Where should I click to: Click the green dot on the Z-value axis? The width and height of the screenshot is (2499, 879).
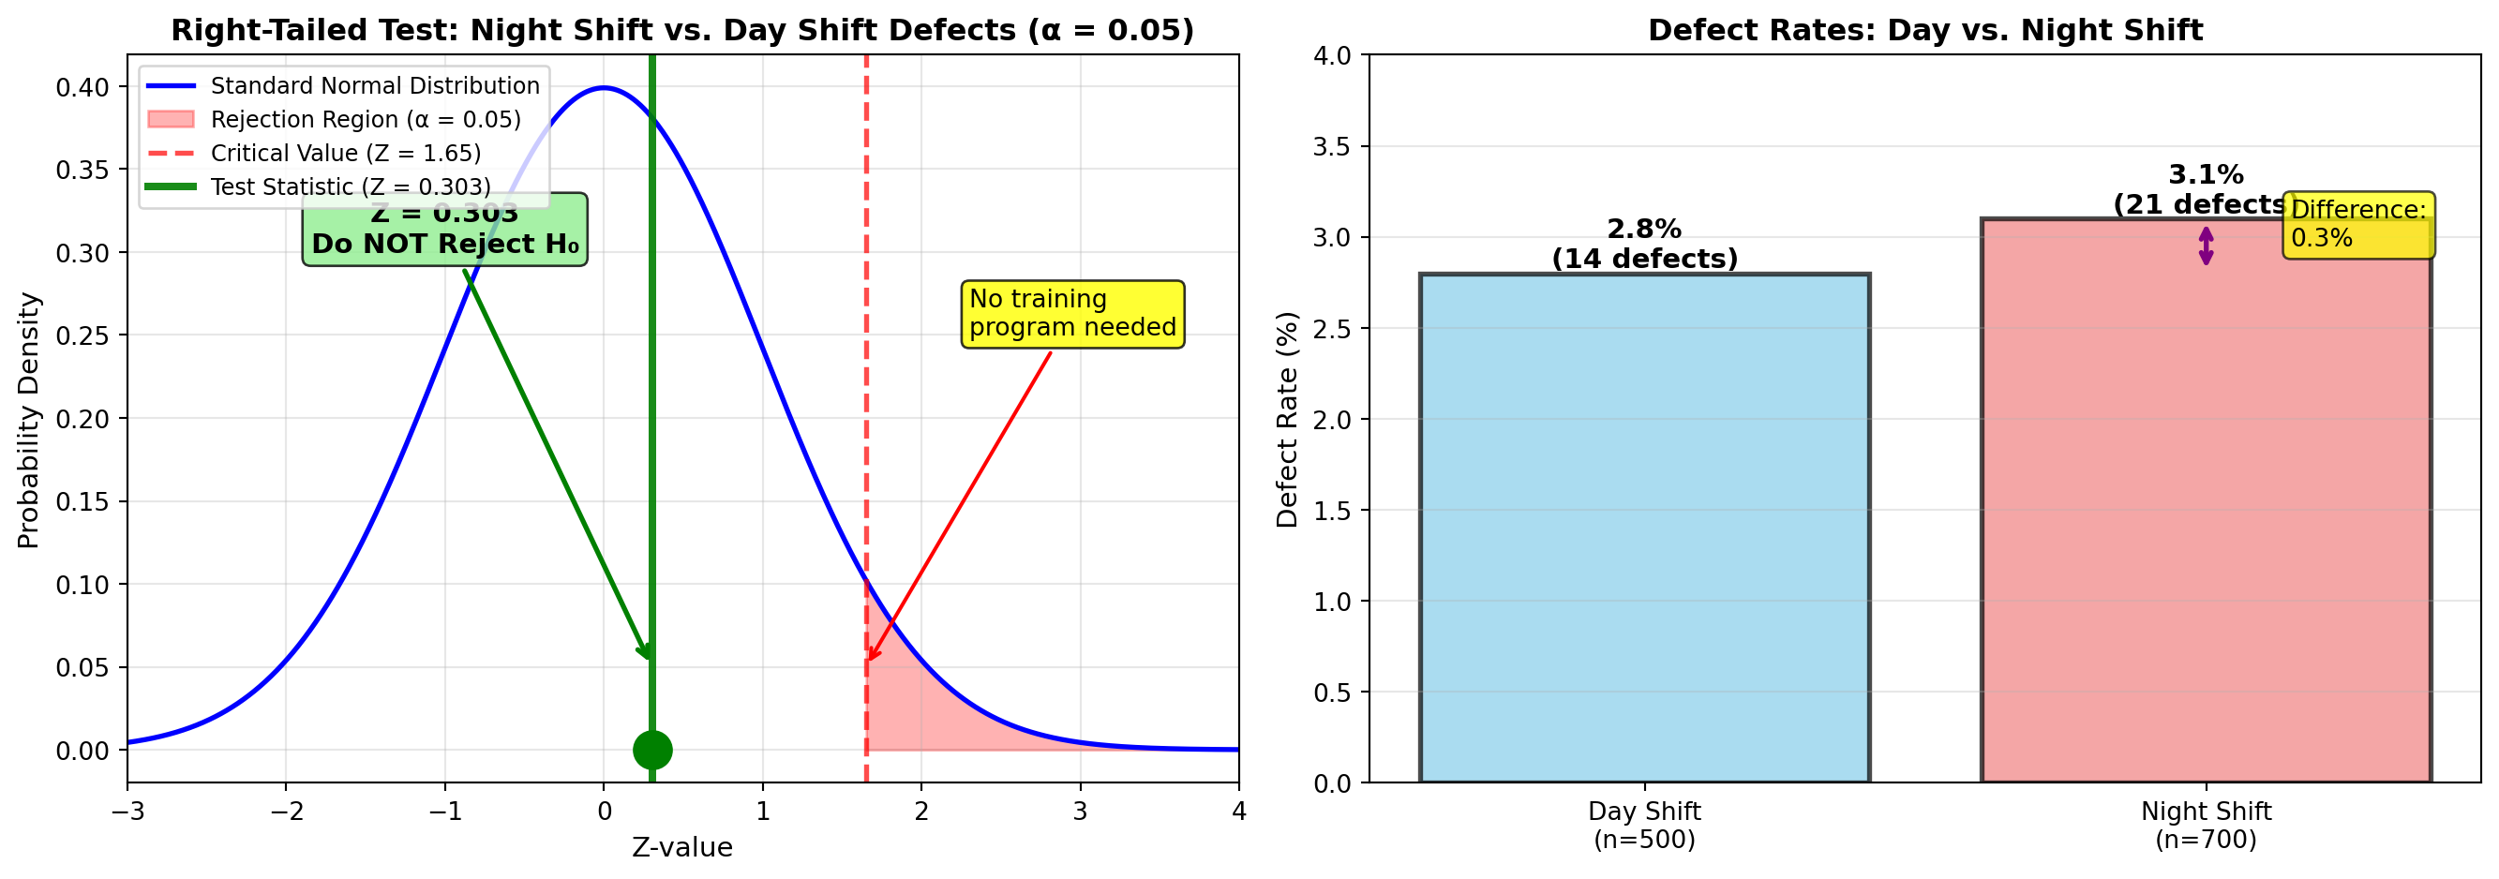pos(651,750)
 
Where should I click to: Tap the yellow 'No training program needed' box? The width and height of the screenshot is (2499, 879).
pos(1072,313)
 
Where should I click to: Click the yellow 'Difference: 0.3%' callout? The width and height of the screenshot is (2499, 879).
pos(2357,224)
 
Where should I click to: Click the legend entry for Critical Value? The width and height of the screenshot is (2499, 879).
pos(345,154)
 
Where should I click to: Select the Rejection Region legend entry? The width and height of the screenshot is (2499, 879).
pos(365,119)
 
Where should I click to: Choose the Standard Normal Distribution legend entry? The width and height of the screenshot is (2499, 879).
pos(374,86)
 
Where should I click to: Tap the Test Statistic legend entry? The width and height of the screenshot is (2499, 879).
pos(351,186)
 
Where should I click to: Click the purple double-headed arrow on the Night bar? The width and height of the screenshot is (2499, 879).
pos(2206,246)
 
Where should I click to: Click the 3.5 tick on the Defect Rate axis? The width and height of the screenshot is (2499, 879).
pos(1331,146)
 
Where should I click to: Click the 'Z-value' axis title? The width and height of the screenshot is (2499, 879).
pos(682,847)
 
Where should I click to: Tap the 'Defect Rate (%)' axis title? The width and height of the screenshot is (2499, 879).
pos(1287,419)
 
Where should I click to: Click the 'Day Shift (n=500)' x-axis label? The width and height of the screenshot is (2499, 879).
pos(1643,825)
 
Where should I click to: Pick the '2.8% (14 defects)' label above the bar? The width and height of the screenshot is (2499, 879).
pos(1643,244)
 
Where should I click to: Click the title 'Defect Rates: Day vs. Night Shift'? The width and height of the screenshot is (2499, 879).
pos(1924,30)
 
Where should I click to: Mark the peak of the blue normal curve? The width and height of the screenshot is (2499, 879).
pos(604,88)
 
